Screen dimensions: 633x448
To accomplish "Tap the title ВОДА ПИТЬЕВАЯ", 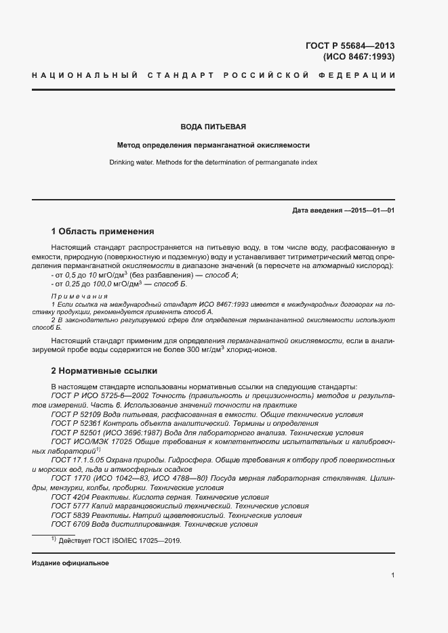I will tap(213, 127).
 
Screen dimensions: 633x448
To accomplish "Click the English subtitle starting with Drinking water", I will tap(213, 162).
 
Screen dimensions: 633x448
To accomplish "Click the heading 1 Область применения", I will tap(103, 231).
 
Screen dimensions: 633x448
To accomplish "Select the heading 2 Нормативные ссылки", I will tap(104, 371).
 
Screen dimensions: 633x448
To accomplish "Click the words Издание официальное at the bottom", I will tap(70, 563).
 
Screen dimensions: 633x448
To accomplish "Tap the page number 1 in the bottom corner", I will tap(393, 575).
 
